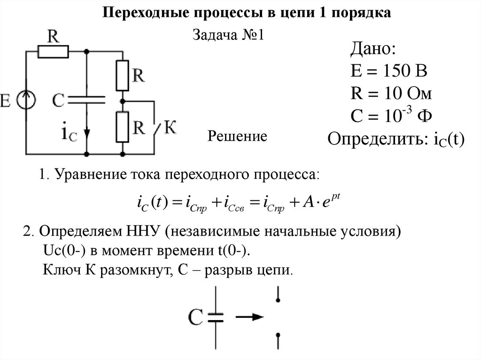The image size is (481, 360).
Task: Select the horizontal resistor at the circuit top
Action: [x=53, y=52]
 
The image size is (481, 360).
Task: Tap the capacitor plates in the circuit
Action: [x=86, y=99]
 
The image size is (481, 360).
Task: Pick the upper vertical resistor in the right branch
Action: [x=122, y=75]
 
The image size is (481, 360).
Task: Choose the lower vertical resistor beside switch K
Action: [x=122, y=127]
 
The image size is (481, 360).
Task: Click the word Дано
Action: [x=373, y=49]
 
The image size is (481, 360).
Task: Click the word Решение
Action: [x=237, y=137]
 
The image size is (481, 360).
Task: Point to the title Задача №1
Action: [x=230, y=36]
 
